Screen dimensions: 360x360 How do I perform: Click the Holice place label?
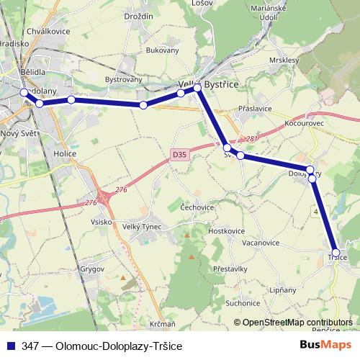coord(65,153)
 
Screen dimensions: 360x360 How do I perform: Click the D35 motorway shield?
coord(179,153)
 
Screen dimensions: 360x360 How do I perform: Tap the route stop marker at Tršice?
coord(336,252)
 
